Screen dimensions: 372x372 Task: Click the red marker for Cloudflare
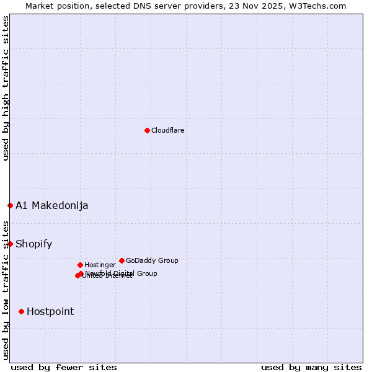pyautogui.click(x=147, y=130)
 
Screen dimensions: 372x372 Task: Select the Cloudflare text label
pyautogui.click(x=168, y=130)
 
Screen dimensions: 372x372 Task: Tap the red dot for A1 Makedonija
pyautogui.click(x=10, y=205)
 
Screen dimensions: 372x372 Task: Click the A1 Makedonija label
pyautogui.click(x=51, y=206)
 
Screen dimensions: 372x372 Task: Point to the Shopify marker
pyautogui.click(x=10, y=244)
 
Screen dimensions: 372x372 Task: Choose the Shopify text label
pyautogui.click(x=33, y=244)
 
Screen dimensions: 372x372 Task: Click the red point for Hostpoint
pyautogui.click(x=21, y=311)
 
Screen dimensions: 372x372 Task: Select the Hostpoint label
pyautogui.click(x=50, y=312)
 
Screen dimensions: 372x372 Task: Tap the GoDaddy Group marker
pyautogui.click(x=122, y=260)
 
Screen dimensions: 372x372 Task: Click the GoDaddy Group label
pyautogui.click(x=152, y=260)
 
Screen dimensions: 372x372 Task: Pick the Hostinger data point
pyautogui.click(x=80, y=265)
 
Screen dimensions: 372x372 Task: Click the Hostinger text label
pyautogui.click(x=100, y=265)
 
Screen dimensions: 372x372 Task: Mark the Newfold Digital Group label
pyautogui.click(x=122, y=273)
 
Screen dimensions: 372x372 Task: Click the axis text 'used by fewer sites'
pyautogui.click(x=64, y=367)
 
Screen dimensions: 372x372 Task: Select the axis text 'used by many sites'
pyautogui.click(x=311, y=367)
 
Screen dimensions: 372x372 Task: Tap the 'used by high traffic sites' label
pyautogui.click(x=6, y=88)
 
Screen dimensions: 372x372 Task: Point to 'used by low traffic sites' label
pyautogui.click(x=6, y=290)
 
